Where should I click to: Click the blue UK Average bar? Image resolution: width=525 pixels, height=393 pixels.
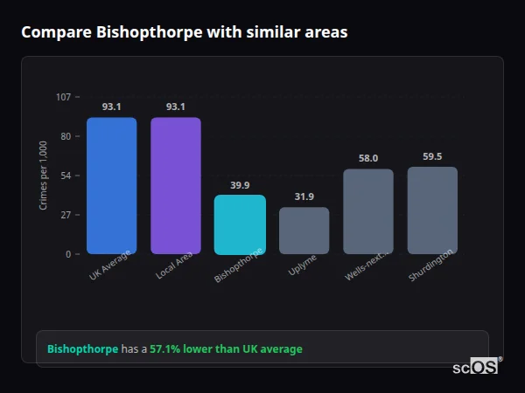click(111, 185)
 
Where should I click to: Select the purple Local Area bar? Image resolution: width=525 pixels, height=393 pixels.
click(176, 185)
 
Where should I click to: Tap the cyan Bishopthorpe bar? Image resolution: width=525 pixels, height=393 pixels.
click(240, 224)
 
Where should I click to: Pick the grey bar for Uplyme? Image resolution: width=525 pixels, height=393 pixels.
click(304, 231)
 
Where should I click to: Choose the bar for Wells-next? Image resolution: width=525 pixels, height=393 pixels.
click(368, 211)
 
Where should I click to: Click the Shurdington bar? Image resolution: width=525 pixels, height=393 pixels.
click(432, 210)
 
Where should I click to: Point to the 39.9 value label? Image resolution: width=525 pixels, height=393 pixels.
click(240, 185)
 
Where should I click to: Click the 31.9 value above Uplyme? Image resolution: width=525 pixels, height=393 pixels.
click(304, 197)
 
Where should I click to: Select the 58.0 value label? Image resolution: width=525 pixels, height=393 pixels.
click(368, 158)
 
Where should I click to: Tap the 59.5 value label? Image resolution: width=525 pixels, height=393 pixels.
click(432, 156)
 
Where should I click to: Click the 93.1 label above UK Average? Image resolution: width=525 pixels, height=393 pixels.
click(111, 107)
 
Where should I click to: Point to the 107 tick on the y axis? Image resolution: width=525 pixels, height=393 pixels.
click(64, 97)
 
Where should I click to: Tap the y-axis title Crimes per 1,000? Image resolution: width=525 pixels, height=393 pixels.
click(44, 176)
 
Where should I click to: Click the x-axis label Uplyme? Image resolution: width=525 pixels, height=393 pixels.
click(303, 265)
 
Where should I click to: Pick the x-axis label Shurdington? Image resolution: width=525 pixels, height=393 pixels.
click(431, 265)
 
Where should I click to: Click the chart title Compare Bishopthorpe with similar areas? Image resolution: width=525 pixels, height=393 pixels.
click(184, 32)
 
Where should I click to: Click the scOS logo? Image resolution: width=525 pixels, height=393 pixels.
click(475, 368)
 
